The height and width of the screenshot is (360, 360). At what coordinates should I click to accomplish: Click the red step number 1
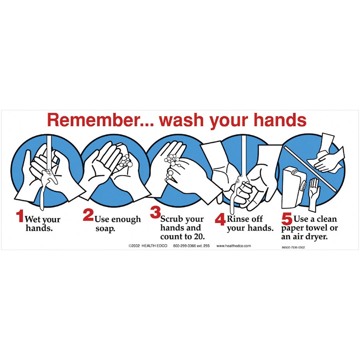[20, 216]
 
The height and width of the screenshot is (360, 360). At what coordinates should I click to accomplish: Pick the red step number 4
[220, 220]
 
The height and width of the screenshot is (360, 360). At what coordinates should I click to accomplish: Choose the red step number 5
[287, 220]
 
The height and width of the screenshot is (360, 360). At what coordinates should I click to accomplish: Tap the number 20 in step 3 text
[199, 237]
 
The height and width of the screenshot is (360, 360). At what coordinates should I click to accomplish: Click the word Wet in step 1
[33, 220]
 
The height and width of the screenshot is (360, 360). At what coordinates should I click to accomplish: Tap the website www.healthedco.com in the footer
[234, 246]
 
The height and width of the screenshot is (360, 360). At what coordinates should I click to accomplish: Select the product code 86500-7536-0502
[293, 247]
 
